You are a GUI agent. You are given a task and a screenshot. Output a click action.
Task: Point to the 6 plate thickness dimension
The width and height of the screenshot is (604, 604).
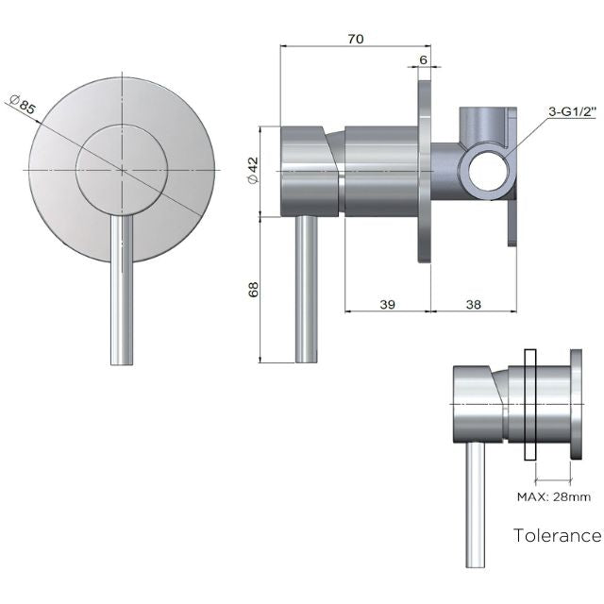pyautogui.click(x=423, y=59)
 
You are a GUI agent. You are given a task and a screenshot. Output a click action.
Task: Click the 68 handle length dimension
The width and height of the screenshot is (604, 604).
pyautogui.click(x=253, y=289)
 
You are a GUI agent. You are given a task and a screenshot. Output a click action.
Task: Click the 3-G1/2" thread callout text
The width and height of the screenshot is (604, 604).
pyautogui.click(x=573, y=111)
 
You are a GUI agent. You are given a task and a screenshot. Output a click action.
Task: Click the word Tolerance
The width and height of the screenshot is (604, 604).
pyautogui.click(x=557, y=536)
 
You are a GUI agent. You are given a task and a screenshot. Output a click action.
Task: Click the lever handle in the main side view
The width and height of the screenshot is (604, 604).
pyautogui.click(x=307, y=288)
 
